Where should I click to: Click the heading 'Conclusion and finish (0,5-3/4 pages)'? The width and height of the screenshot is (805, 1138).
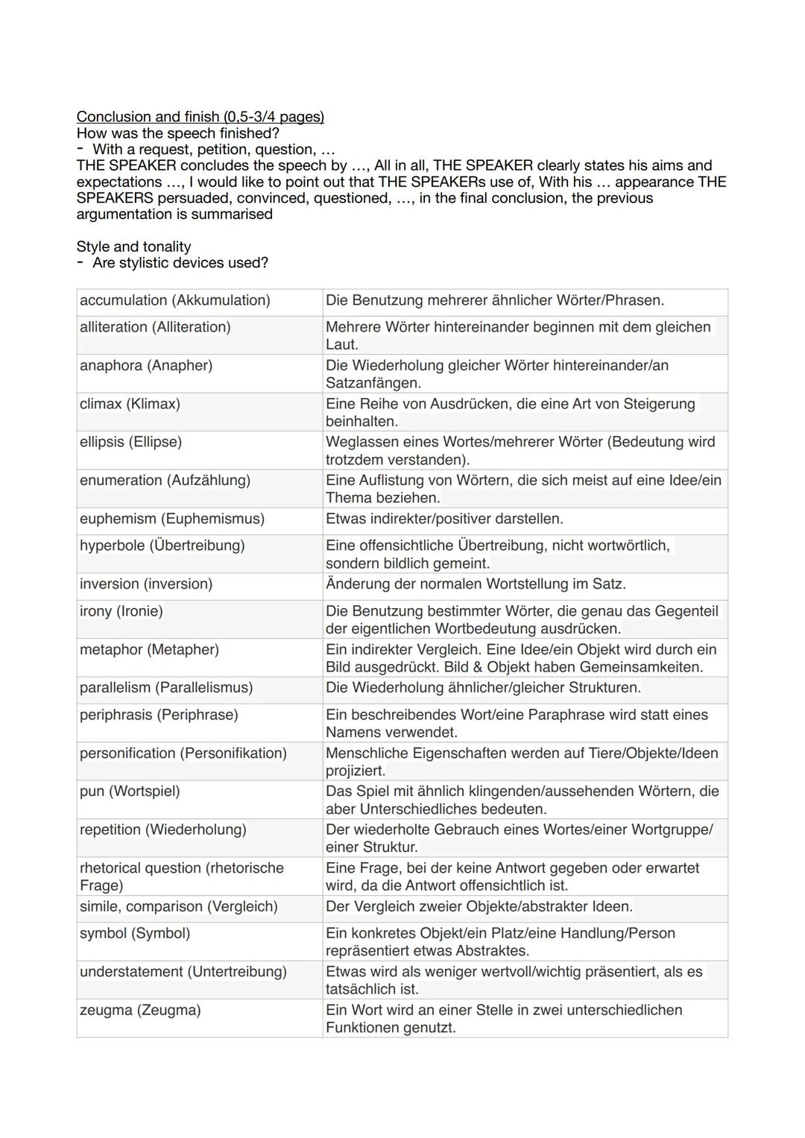click(x=200, y=116)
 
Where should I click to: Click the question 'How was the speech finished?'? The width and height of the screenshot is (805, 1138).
click(x=177, y=133)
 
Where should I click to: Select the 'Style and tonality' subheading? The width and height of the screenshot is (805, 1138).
click(x=133, y=246)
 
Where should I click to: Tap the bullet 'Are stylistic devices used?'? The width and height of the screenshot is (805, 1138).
click(x=180, y=262)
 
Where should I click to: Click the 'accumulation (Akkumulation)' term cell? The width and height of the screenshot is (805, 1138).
click(x=174, y=300)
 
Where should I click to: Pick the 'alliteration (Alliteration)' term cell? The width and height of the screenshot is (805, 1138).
click(x=155, y=327)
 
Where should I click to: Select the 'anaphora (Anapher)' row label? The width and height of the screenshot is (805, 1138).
click(x=146, y=365)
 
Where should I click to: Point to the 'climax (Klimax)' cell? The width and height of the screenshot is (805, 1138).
click(x=130, y=404)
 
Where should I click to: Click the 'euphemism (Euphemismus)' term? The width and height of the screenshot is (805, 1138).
click(x=172, y=519)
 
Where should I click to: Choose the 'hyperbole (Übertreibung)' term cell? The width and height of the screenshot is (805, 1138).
click(x=162, y=546)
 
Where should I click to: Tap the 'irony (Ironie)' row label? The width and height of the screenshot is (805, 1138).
click(x=121, y=611)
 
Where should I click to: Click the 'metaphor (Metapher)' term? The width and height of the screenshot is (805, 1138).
click(x=149, y=650)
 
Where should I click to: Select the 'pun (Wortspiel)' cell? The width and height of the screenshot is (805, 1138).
click(x=130, y=791)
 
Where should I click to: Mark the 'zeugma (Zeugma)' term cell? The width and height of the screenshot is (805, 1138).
click(x=140, y=1010)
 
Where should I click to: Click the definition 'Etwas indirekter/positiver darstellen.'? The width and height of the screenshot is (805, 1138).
click(x=444, y=519)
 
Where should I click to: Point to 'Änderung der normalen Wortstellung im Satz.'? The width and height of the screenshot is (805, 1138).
click(x=476, y=584)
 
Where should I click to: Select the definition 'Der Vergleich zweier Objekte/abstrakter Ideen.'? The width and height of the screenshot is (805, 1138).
click(x=479, y=906)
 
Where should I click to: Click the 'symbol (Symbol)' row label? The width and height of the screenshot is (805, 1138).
click(x=135, y=933)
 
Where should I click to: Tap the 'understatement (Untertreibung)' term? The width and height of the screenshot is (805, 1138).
click(x=183, y=972)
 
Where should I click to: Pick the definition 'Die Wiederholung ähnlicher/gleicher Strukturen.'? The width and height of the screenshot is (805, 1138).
click(x=483, y=687)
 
